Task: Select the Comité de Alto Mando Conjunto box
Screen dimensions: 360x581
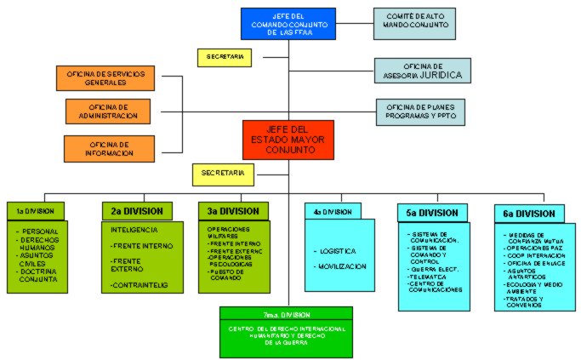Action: [411, 24]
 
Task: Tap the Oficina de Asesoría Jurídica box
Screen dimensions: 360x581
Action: [423, 71]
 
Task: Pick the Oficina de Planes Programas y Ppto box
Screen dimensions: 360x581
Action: [422, 112]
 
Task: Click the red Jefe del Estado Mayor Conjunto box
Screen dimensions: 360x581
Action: [288, 140]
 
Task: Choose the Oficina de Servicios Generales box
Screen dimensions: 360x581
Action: [106, 78]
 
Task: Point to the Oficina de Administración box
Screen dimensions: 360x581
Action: [107, 111]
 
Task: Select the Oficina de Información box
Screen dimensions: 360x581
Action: [107, 148]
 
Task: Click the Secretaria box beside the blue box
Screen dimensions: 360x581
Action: [225, 58]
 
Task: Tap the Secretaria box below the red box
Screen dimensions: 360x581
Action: [223, 174]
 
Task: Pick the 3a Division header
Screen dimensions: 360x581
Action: [233, 210]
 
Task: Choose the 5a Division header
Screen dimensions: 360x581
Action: [431, 213]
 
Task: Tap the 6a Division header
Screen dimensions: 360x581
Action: [528, 213]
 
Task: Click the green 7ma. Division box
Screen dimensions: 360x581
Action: [286, 331]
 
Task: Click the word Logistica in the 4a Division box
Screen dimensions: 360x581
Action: [339, 252]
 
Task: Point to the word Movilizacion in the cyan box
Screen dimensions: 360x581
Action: [343, 266]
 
